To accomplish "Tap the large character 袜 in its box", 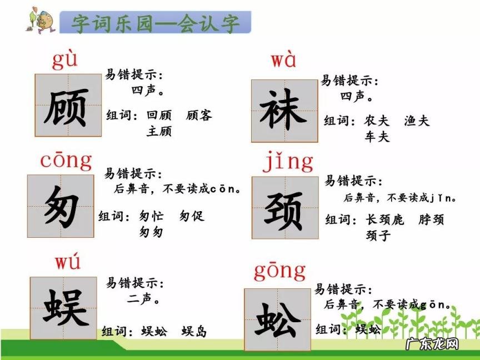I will [x=284, y=110].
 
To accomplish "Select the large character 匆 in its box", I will [x=61, y=206].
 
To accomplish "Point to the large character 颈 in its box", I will [x=284, y=211].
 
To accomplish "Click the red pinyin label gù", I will [x=65, y=60].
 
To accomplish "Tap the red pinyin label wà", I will [x=283, y=61].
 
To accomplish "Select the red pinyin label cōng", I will [x=66, y=161].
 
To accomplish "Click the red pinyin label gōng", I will [x=280, y=271].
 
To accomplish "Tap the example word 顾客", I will [x=199, y=116].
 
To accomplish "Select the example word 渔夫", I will [x=417, y=121].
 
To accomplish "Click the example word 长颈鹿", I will [x=384, y=219].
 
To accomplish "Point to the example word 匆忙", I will [x=152, y=216].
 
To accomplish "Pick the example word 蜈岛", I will [x=194, y=332].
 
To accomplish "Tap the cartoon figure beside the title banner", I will [x=38, y=21].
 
